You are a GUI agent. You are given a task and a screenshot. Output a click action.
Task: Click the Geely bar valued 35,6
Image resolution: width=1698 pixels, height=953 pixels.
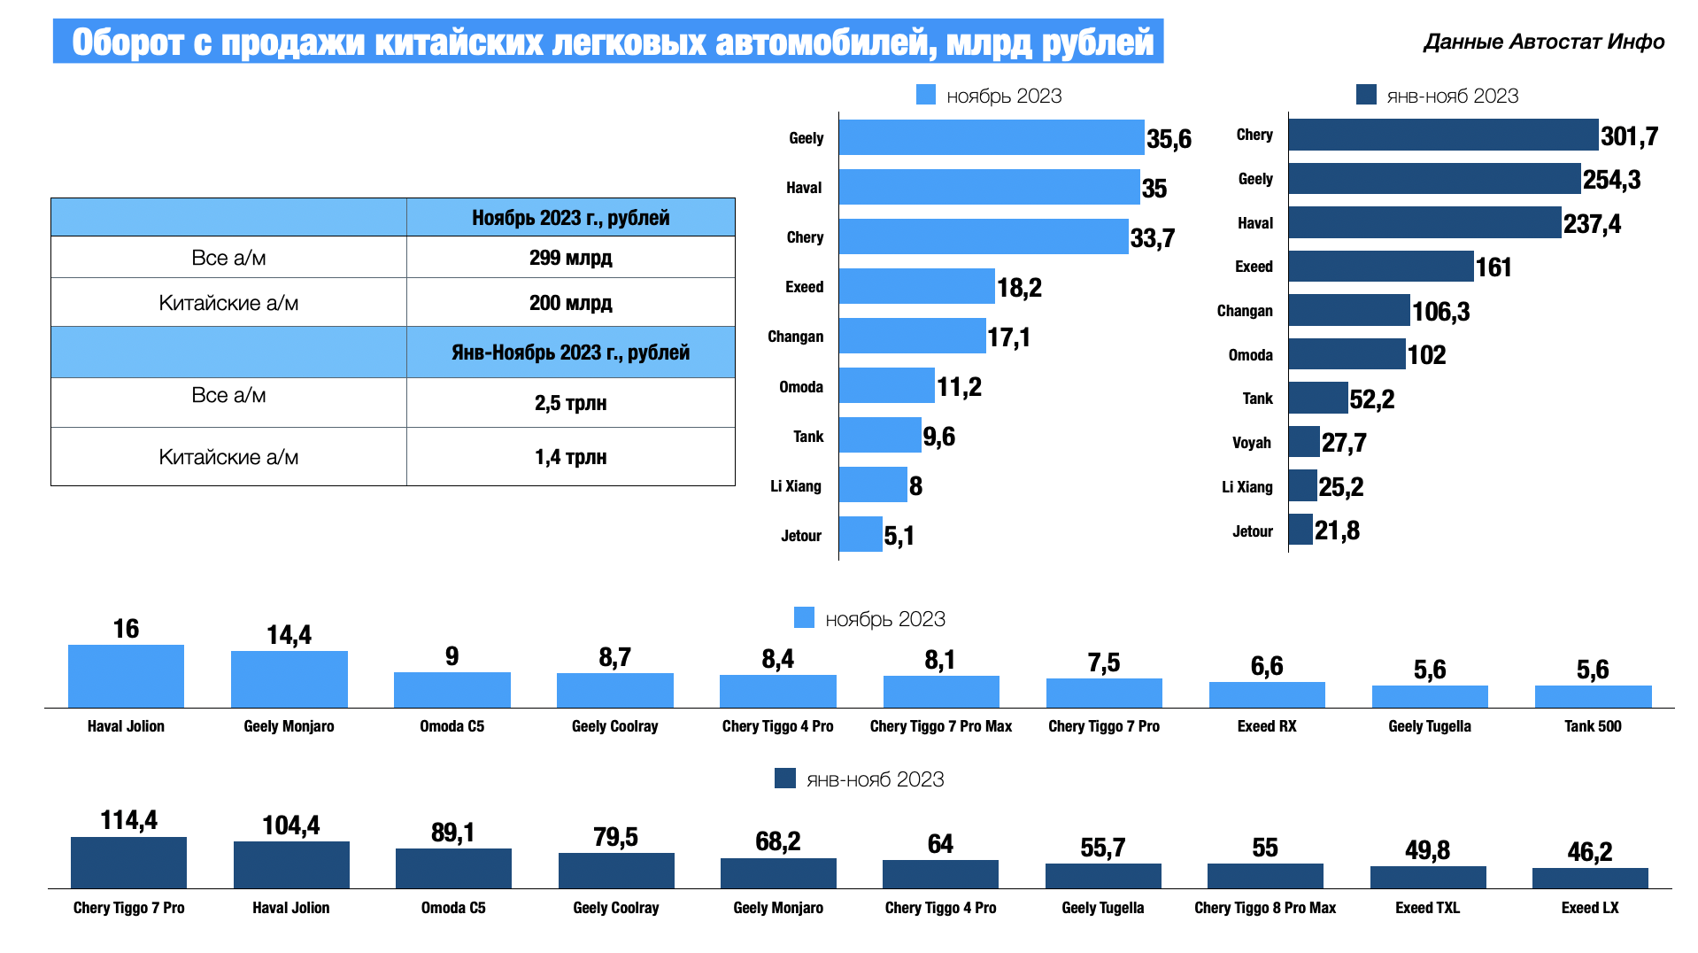991,137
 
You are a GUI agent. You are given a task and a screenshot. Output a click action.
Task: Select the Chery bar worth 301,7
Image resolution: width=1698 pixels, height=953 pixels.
1442,135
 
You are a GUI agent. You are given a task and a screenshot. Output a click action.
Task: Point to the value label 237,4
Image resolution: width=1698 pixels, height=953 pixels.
1592,224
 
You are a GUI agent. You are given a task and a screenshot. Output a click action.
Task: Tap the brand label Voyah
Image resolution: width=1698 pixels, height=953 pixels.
1251,443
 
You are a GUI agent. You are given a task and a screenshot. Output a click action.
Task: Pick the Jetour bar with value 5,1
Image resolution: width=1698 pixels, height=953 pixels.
861,534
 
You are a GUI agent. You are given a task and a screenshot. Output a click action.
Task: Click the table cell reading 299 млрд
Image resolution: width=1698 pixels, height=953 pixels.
570,258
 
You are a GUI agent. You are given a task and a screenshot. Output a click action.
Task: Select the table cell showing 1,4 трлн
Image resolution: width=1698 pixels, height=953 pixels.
570,457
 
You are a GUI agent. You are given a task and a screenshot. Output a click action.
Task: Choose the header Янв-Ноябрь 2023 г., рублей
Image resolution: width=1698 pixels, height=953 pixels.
570,353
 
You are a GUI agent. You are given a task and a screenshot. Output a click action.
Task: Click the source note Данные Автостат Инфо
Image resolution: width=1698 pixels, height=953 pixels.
1543,42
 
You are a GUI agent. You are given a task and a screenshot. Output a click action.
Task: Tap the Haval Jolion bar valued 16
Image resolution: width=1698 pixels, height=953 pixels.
126,676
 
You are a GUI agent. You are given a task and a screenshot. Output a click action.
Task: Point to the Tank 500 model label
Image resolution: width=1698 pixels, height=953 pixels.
1592,726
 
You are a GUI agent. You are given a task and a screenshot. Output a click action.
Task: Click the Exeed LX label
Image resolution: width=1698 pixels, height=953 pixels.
1589,908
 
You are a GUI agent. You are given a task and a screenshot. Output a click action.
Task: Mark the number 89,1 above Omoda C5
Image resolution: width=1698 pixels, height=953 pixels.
452,833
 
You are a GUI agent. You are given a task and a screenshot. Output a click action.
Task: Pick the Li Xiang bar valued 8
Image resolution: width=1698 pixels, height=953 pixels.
873,484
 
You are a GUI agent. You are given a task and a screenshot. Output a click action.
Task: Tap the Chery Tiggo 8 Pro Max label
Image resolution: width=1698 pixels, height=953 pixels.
1264,908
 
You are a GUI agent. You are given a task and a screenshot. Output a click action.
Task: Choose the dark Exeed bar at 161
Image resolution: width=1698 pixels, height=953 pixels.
1380,267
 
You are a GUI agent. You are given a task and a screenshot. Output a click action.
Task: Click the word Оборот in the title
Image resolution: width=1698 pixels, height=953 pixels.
127,43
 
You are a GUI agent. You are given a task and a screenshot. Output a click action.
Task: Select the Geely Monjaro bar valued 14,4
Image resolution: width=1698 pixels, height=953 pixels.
289,679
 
